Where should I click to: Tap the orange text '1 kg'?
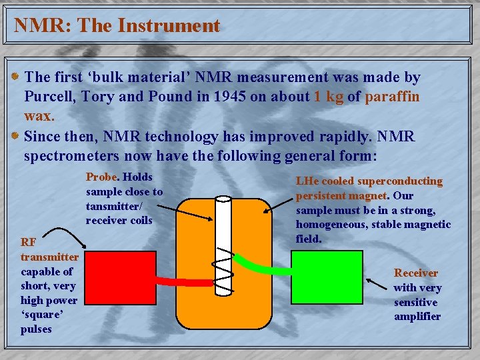click(x=328, y=97)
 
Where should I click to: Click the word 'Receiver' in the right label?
click(x=416, y=273)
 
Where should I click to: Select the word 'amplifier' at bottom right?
click(x=417, y=317)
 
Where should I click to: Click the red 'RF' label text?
click(x=29, y=242)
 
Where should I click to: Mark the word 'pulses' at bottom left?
click(x=36, y=329)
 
